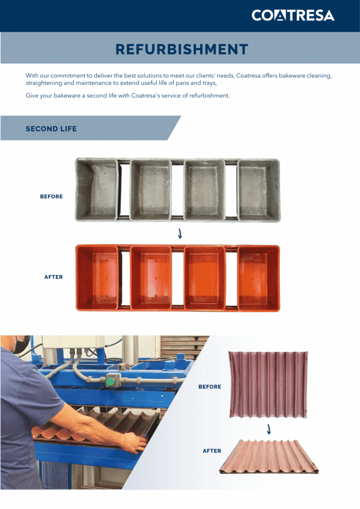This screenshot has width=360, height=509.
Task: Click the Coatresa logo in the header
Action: click(x=293, y=15)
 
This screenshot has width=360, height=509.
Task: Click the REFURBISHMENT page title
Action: click(x=181, y=49)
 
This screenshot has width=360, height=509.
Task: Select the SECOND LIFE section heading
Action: click(x=51, y=129)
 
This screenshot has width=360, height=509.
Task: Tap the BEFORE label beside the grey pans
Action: click(x=51, y=196)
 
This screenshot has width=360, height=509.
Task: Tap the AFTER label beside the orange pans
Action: click(x=54, y=277)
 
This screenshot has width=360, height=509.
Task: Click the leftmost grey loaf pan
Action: click(x=97, y=189)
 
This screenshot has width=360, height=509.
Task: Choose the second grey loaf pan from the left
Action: click(x=151, y=190)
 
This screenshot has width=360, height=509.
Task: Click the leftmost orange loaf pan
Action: click(x=97, y=277)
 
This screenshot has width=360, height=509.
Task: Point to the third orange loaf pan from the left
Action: click(x=204, y=278)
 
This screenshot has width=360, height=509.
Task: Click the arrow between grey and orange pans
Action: click(x=180, y=233)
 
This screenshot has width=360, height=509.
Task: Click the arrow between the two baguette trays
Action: click(x=269, y=429)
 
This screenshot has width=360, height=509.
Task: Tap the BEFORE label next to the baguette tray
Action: click(x=210, y=387)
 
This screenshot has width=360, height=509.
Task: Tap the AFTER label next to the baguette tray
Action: click(x=212, y=451)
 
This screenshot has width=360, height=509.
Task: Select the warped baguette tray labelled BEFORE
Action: click(x=268, y=385)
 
